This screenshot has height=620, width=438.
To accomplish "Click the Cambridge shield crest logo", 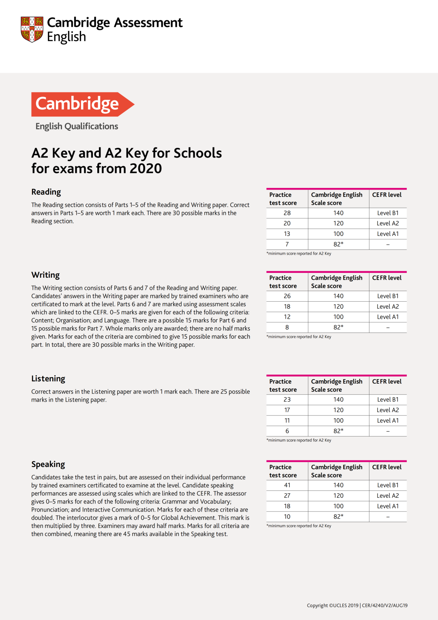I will (x=32, y=29).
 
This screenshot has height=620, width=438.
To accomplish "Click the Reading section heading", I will (x=46, y=192).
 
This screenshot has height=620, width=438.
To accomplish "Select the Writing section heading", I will (x=45, y=275).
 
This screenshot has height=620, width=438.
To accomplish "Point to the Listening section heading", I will (x=48, y=379).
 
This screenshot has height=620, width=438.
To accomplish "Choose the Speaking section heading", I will (x=48, y=464).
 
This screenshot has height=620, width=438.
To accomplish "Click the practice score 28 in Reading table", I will (x=287, y=213).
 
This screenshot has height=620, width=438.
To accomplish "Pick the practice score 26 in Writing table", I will (x=287, y=296).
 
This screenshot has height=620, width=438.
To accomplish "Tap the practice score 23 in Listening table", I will (x=287, y=400).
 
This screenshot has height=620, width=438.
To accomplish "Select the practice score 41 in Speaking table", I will (x=287, y=485).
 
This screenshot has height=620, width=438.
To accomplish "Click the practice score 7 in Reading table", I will (x=287, y=244).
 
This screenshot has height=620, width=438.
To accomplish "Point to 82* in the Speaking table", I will (x=338, y=517).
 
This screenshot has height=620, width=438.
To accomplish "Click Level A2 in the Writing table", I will (x=388, y=307).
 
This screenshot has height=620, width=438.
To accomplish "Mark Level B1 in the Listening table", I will (x=388, y=400).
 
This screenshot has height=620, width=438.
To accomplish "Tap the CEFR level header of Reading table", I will (x=387, y=195).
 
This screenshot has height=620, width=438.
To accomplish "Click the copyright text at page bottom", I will (x=357, y=605).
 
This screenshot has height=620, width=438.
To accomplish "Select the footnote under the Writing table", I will (x=299, y=337).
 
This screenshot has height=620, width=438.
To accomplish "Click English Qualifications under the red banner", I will (x=77, y=126).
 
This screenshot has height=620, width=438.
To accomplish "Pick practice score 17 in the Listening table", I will (x=287, y=410).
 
